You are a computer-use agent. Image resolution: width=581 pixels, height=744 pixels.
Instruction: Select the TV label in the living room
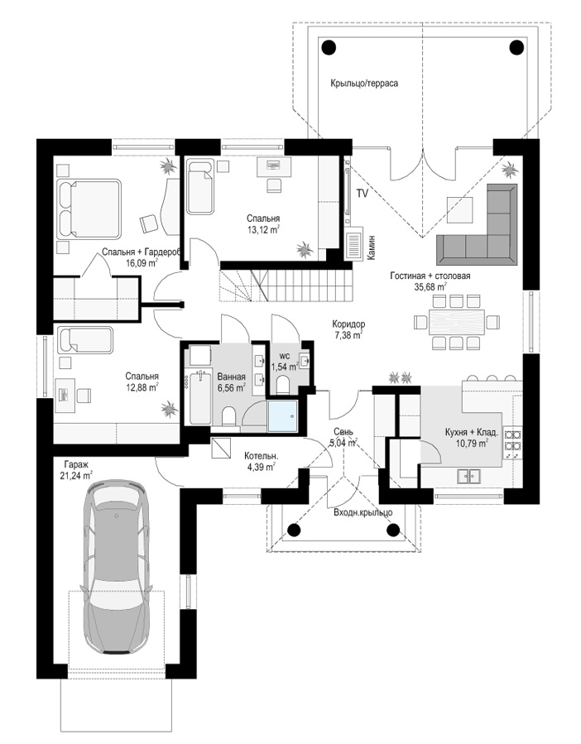(363, 194)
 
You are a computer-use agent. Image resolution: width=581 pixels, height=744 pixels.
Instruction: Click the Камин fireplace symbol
(353, 245)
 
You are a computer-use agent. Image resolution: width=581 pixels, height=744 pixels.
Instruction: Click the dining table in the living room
(457, 322)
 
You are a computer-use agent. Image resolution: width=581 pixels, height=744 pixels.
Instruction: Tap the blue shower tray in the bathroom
(283, 416)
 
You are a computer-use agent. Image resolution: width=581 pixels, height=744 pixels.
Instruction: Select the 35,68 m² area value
(430, 287)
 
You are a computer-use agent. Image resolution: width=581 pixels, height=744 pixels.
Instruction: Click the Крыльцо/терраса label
(364, 83)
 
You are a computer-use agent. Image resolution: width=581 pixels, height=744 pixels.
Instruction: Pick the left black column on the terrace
(329, 47)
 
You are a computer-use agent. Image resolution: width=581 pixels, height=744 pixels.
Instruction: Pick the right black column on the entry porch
(393, 530)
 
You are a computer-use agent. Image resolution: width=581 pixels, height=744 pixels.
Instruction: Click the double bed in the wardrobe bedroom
(89, 209)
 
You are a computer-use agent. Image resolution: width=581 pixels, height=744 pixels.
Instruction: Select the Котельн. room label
(261, 456)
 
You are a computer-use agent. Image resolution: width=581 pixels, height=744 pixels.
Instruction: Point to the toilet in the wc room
(282, 384)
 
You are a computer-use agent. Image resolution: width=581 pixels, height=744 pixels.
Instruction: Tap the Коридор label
(348, 324)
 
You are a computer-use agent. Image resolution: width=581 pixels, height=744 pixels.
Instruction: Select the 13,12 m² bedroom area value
(262, 229)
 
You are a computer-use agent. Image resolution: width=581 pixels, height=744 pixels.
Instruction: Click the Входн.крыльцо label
(363, 513)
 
